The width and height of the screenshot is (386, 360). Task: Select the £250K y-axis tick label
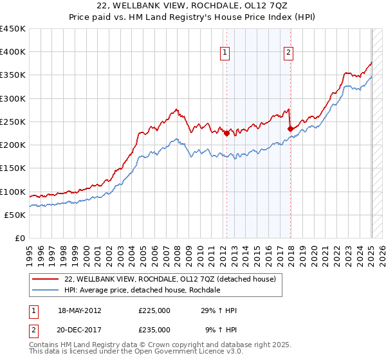click(x=13, y=122)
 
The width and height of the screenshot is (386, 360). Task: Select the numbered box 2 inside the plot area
click(x=289, y=53)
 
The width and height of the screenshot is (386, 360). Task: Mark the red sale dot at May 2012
click(x=226, y=133)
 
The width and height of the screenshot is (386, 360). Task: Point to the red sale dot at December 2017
click(x=290, y=129)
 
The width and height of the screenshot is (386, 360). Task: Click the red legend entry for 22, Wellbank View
click(x=170, y=279)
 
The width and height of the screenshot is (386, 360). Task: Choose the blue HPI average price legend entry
click(x=142, y=291)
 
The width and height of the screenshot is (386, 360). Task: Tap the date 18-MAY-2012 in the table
click(x=81, y=310)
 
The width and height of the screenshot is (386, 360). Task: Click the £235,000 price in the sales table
click(x=154, y=330)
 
